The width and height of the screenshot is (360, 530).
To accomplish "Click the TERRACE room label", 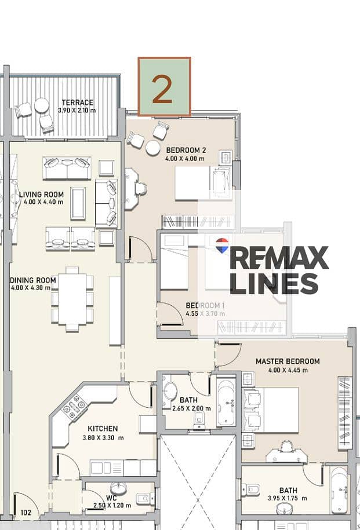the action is pos(77,102).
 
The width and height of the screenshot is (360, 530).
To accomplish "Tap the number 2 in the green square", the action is pos(162,89).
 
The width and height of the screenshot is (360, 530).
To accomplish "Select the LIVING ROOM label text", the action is pos(41,195).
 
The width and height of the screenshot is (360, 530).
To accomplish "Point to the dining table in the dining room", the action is pos(72,299).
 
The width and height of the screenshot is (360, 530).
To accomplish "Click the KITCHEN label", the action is pos(103,429).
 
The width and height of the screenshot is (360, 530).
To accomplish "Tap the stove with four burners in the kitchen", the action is pos(74,407).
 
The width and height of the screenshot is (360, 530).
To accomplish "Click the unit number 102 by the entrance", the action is pos(26,513).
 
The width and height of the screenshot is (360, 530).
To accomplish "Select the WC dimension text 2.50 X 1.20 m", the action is pos(112,506).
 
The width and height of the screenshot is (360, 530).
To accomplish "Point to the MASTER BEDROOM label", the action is pos(288,361).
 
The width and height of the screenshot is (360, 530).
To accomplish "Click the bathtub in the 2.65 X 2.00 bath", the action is pos(226,401).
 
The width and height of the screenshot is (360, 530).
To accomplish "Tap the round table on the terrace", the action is pos(42,105).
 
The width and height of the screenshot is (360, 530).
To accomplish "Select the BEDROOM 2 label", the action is pos(186,150).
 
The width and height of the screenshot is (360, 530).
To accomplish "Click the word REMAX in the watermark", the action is pos(279,258).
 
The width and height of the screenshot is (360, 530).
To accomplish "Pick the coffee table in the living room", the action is pos(78,203).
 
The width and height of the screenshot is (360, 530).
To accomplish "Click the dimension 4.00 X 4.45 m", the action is pos(288,370).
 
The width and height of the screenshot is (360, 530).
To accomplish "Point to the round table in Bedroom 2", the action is pos(153,148).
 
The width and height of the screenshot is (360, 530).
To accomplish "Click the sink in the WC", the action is pos(118,488).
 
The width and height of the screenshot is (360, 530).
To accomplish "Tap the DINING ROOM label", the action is pos(33,280).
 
